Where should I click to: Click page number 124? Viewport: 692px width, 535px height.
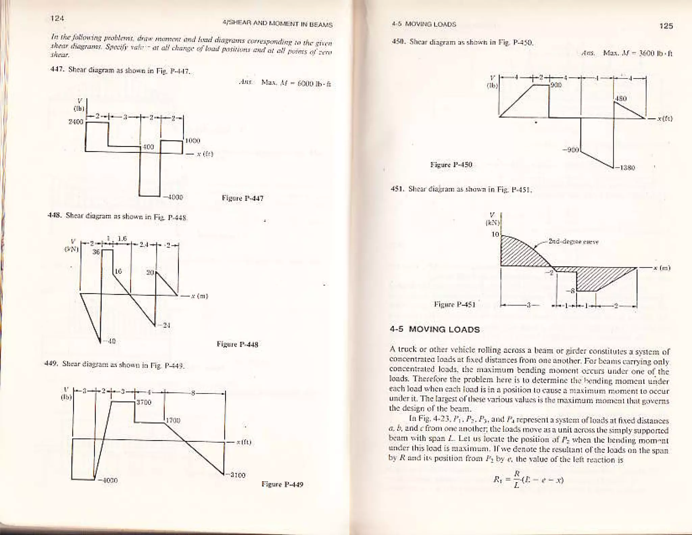point(57,19)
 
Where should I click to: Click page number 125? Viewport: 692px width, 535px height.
point(666,26)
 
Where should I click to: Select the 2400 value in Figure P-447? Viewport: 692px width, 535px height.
point(76,122)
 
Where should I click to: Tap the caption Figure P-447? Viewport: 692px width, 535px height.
point(242,198)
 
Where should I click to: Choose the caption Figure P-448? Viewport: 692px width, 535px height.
point(237,345)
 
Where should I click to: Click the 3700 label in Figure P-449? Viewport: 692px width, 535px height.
point(143,403)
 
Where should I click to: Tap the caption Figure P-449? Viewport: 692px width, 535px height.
point(282,484)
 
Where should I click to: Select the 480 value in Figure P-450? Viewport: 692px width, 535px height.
point(621,99)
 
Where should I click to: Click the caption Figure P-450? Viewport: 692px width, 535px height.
point(451,165)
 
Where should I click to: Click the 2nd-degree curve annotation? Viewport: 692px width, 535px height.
point(573,242)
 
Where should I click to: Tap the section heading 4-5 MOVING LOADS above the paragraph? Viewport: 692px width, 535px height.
point(435,330)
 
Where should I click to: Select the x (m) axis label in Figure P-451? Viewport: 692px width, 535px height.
point(661,268)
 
